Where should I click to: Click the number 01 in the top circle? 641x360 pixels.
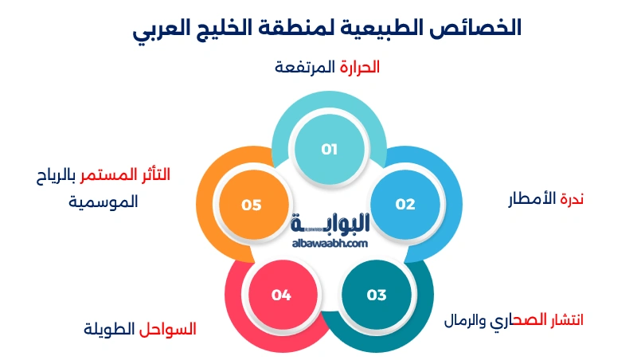(x=330, y=149)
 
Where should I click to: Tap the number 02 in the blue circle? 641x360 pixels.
(x=405, y=204)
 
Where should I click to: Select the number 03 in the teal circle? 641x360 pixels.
(x=376, y=295)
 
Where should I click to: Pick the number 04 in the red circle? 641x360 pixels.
(x=280, y=295)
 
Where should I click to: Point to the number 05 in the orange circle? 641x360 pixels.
(x=252, y=204)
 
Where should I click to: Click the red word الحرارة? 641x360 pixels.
(x=359, y=67)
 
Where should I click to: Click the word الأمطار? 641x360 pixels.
(x=531, y=198)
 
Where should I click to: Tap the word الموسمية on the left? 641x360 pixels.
(x=103, y=202)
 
